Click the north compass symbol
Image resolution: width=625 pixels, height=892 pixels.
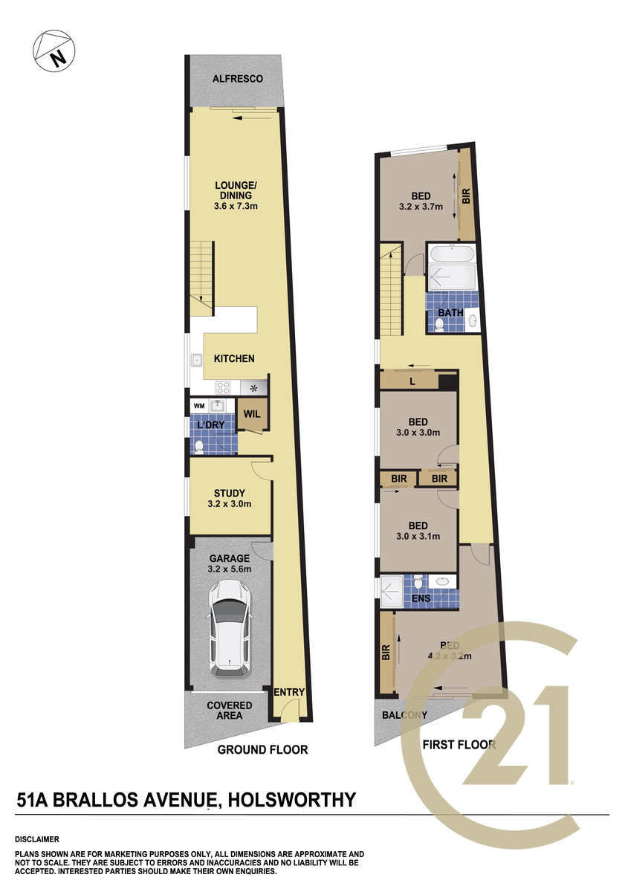pyautogui.click(x=54, y=51)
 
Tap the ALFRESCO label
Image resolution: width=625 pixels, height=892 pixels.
pyautogui.click(x=238, y=79)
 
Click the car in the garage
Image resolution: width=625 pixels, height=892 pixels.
pyautogui.click(x=230, y=628)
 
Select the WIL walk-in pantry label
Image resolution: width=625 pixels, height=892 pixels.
pyautogui.click(x=252, y=414)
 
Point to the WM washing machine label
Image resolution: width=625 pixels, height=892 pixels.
pyautogui.click(x=199, y=406)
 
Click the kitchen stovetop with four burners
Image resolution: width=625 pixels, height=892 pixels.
pyautogui.click(x=223, y=387)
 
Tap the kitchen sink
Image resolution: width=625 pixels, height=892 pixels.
pyautogui.click(x=197, y=360)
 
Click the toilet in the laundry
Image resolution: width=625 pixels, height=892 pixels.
pyautogui.click(x=199, y=447)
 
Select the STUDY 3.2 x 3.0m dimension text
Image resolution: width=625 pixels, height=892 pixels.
pyautogui.click(x=230, y=504)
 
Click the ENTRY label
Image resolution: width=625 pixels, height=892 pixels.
pyautogui.click(x=289, y=692)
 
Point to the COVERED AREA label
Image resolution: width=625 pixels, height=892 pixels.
pyautogui.click(x=230, y=710)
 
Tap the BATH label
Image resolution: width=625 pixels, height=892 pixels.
pyautogui.click(x=450, y=313)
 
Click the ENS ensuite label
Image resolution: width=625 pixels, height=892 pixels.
pyautogui.click(x=421, y=598)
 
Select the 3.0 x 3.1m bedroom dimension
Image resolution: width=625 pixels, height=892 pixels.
pyautogui.click(x=418, y=536)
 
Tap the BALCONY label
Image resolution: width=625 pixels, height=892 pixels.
pyautogui.click(x=404, y=715)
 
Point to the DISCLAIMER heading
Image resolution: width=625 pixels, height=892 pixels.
pyautogui.click(x=37, y=839)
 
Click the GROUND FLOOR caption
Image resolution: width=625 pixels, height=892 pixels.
pyautogui.click(x=263, y=749)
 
